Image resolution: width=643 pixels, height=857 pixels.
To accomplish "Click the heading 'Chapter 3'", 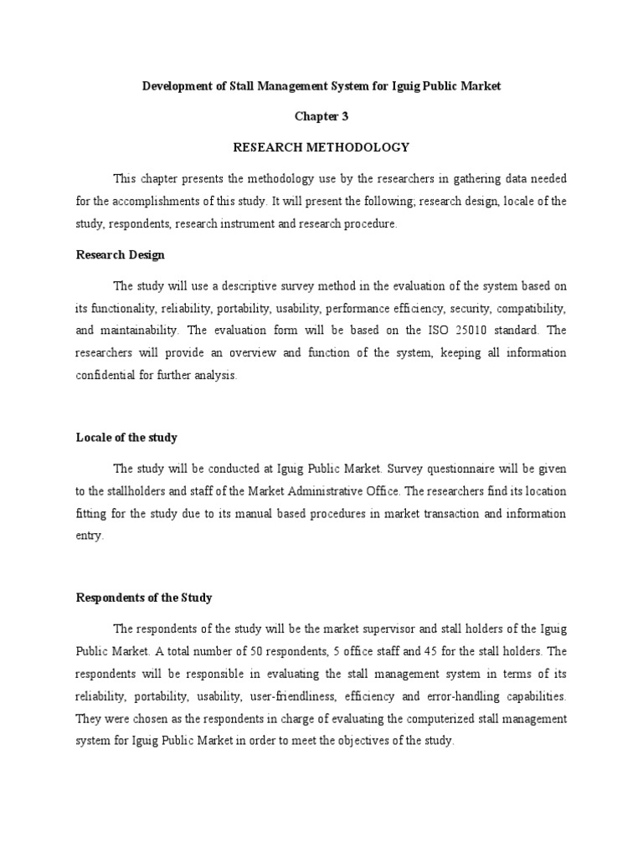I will (321, 117).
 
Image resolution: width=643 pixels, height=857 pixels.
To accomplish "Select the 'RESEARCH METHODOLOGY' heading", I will (321, 147).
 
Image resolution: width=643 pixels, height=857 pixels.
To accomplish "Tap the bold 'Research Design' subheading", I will (121, 254).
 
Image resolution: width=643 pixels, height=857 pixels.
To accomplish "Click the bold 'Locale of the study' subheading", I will (126, 438).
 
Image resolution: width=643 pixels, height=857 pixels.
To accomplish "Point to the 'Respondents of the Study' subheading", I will (144, 598).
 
